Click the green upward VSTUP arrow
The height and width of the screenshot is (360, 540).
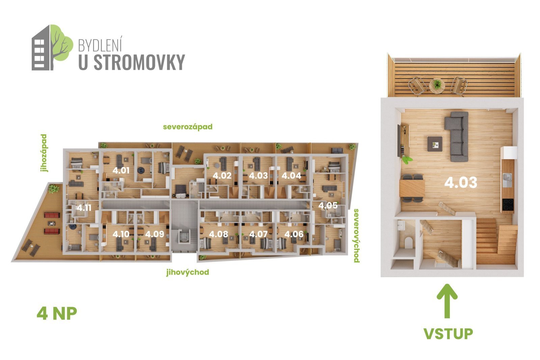point(447,301)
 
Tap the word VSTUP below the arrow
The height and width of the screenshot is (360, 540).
point(448,334)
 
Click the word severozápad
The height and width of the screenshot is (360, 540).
point(188,127)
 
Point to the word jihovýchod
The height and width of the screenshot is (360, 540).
point(188,272)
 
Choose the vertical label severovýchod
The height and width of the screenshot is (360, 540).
point(356,236)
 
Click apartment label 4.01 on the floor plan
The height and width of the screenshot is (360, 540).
point(121,171)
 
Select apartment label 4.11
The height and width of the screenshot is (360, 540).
point(84,208)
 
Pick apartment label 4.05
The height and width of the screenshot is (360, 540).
point(328,205)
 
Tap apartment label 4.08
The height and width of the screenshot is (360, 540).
point(218,234)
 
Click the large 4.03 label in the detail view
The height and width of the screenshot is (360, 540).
point(461,183)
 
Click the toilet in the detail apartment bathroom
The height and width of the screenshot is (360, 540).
point(408,242)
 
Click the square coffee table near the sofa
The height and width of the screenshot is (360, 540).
point(435,144)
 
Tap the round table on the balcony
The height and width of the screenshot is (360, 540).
point(437,86)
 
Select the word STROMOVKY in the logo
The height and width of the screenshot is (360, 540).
point(139,62)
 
